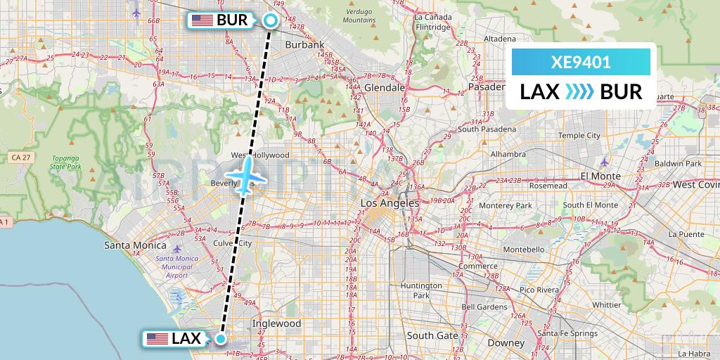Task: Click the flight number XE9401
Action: (x=581, y=62)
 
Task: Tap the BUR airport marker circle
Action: (x=270, y=20)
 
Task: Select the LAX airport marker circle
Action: (x=221, y=339)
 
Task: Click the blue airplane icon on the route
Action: (x=245, y=175)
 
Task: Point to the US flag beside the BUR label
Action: (x=202, y=20)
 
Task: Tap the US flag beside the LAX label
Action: (x=157, y=339)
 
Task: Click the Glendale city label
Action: (x=384, y=88)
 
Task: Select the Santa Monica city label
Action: (x=135, y=245)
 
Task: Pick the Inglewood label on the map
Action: (x=276, y=323)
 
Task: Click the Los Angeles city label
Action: (x=389, y=203)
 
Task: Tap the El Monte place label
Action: (x=600, y=176)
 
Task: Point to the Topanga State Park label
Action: (x=65, y=163)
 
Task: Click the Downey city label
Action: (x=506, y=342)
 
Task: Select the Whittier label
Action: (x=606, y=304)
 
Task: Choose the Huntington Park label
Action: (x=421, y=290)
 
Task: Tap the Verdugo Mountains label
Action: (x=359, y=16)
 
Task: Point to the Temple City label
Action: (x=579, y=135)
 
